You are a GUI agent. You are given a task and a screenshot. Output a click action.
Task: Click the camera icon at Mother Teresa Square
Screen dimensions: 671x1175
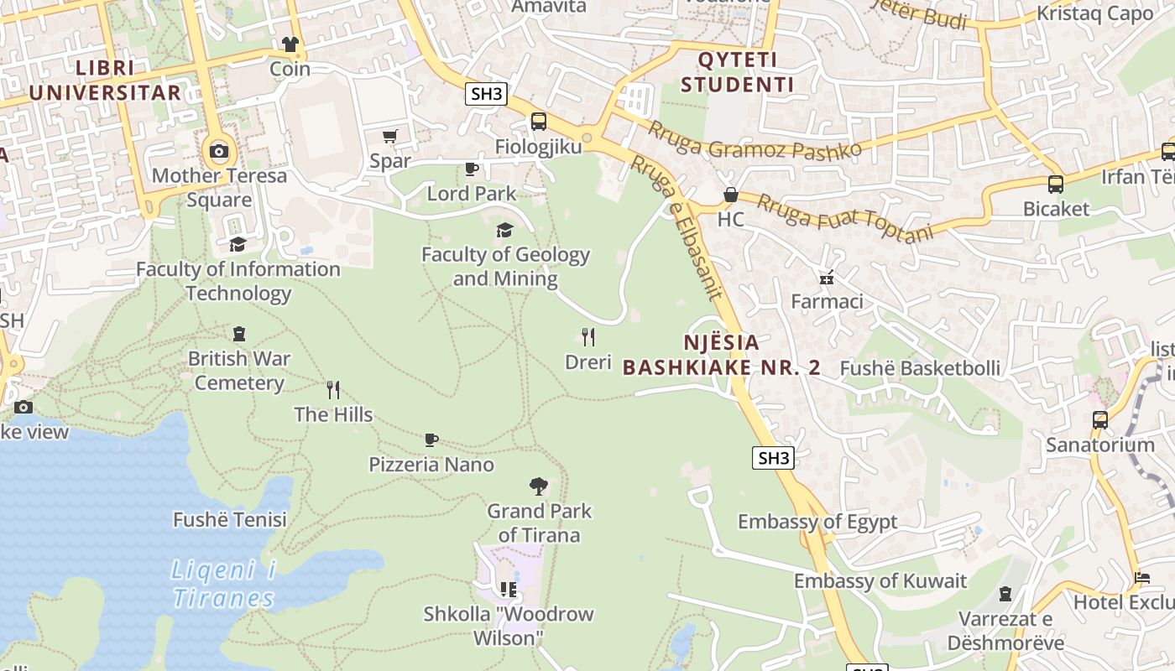[219, 151]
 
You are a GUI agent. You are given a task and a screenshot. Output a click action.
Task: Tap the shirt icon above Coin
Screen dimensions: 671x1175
[290, 44]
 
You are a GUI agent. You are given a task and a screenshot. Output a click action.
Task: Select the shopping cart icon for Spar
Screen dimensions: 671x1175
[389, 136]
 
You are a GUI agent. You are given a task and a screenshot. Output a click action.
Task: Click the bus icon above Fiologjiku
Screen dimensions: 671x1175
[539, 122]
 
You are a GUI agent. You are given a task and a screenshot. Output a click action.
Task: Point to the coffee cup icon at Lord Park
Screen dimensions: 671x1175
[472, 169]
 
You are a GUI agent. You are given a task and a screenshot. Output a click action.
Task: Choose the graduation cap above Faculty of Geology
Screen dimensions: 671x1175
[504, 230]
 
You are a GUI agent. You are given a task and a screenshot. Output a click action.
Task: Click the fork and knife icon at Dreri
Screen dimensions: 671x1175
[588, 337]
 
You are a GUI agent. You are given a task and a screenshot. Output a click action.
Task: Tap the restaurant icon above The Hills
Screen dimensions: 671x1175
[333, 390]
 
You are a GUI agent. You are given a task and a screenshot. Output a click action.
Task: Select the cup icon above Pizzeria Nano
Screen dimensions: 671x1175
[431, 440]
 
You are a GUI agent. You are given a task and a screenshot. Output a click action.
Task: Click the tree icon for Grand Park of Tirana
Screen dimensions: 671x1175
[539, 486]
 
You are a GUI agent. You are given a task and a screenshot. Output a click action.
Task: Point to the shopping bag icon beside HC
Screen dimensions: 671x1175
[731, 195]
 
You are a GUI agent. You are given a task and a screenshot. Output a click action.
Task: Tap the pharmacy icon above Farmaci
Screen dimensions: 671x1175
[827, 277]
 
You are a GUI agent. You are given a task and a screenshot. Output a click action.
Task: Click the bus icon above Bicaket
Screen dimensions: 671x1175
[1056, 185]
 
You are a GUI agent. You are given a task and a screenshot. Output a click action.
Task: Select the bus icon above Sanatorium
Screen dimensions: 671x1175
[1100, 420]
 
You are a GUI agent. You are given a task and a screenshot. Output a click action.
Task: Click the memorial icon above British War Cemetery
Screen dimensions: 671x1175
[239, 334]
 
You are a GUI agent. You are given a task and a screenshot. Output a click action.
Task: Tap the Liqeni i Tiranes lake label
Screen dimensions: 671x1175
[223, 585]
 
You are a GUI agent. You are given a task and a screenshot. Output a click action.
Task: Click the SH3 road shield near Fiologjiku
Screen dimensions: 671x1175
[487, 94]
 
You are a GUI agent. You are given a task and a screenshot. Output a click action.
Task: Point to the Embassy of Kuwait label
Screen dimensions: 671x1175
[880, 580]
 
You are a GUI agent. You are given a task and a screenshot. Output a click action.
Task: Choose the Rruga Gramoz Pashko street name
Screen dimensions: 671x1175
[755, 140]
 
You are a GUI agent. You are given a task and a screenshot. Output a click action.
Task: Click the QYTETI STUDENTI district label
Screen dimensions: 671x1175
[738, 72]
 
